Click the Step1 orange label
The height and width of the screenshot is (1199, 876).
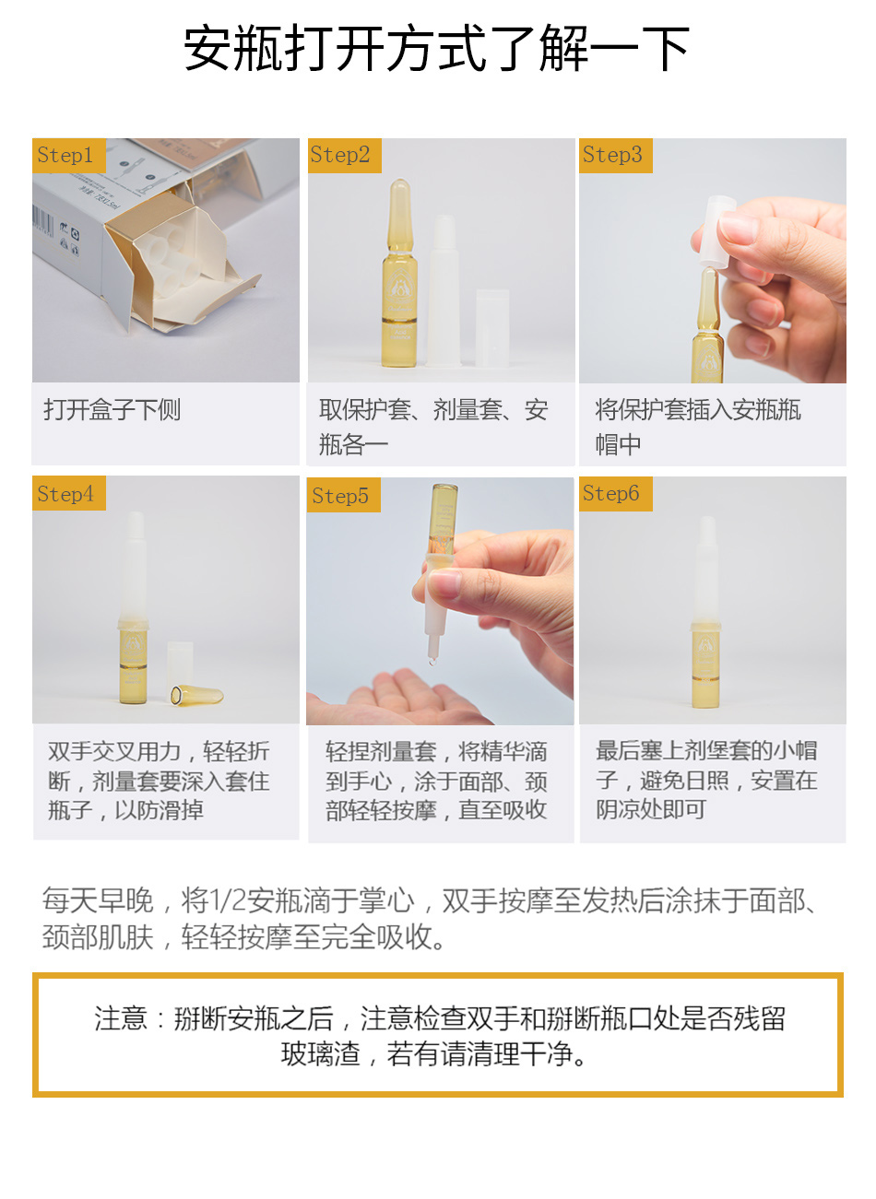coord(68,155)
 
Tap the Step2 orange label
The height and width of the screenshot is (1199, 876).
coord(344,155)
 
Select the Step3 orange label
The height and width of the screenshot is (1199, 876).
coord(615,155)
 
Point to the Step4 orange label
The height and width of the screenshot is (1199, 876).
coord(68,493)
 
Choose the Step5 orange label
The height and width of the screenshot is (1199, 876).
coord(343,495)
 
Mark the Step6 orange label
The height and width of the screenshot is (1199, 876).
coord(615,494)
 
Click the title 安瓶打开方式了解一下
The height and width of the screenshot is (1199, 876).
coord(436,49)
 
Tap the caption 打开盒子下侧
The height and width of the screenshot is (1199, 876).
coord(112,410)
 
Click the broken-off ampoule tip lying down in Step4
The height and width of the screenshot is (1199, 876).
coord(196,695)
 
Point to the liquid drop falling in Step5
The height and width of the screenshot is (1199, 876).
coord(432,661)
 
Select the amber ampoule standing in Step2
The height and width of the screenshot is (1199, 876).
coord(399,273)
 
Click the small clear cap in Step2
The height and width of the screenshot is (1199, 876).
coord(492,327)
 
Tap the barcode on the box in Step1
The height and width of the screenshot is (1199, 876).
coord(42,219)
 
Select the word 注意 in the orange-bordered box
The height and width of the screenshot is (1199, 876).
coord(121,1018)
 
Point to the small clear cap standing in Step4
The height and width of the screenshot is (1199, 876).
coord(180,664)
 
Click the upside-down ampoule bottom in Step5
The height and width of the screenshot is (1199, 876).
coord(442,519)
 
